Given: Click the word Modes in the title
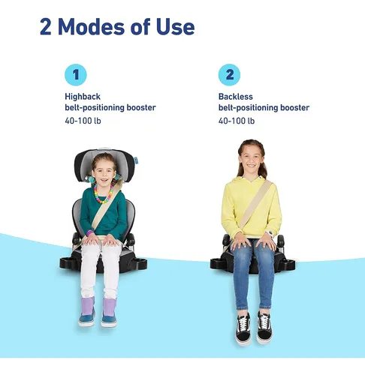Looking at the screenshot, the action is pos(91,27).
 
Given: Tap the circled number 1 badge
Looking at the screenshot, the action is pos(76,75).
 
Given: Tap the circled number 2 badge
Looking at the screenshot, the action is pos(229,75).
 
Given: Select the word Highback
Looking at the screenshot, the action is pos(83,97).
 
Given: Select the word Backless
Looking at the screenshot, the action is pos(236,97).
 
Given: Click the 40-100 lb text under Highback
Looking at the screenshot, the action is pos(83,121).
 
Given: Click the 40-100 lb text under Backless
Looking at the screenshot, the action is pos(237,121).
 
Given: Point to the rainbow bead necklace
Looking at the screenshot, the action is pos(104,194).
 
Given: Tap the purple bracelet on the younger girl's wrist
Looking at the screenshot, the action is pos(90,233).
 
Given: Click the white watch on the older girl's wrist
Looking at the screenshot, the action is pos(270,233).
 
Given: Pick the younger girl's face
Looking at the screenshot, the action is pos(104,172).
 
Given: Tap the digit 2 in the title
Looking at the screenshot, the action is pos(46,27).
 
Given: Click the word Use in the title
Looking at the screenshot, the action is pos(175,27).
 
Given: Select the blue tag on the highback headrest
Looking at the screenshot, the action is pos(136,160).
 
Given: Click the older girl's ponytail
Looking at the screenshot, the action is pos(263,170).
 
